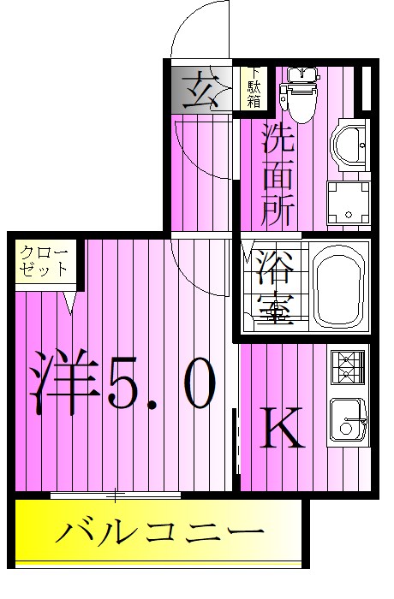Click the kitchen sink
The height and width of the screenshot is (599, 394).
point(348,419)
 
